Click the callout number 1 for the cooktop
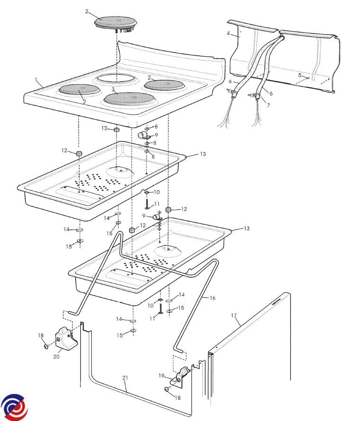coord(36,79)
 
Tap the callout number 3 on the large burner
coord(113,89)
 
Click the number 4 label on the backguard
coord(228,33)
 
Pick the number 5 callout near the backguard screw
coord(300,75)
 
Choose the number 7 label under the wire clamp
coord(268,105)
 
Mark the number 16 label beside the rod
coord(212,298)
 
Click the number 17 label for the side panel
coord(234,316)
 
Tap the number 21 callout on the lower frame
coord(125,378)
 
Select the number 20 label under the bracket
coord(56,357)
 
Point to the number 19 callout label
coord(161,376)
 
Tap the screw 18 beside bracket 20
coord(46,347)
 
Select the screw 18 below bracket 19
coord(167,389)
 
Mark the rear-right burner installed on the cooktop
coord(164,85)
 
